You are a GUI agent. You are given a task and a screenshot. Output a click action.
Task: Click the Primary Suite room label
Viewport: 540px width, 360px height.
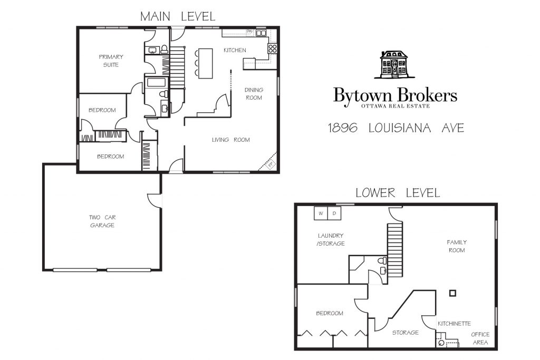(x=111, y=61)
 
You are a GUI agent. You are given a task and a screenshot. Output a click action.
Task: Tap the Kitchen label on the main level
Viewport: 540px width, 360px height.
(x=235, y=50)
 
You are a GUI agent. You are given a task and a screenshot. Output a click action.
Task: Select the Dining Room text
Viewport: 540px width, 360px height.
(x=254, y=94)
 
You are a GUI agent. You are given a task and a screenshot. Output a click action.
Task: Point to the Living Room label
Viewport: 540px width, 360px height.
(x=231, y=140)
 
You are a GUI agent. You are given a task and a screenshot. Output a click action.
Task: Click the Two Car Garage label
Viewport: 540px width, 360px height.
(x=102, y=221)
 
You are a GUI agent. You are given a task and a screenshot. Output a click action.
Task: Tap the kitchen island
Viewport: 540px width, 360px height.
(x=205, y=63)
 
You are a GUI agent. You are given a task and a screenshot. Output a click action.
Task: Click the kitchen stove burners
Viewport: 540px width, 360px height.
(x=273, y=48)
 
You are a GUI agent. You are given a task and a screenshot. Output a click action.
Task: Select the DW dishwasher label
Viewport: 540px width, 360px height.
(x=249, y=31)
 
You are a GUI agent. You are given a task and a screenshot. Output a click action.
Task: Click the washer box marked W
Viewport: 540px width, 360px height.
(x=321, y=213)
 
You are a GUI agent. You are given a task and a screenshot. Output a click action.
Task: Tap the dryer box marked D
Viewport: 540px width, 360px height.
(x=334, y=213)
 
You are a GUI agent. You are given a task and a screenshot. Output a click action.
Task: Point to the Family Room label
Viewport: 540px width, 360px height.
(x=457, y=247)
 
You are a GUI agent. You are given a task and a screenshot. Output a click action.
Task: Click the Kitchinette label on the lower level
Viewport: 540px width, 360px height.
(x=454, y=324)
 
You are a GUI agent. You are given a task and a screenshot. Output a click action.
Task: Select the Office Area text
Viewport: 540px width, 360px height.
(x=480, y=338)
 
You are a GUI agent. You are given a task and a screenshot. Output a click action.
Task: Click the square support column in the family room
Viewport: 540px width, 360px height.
(x=453, y=293)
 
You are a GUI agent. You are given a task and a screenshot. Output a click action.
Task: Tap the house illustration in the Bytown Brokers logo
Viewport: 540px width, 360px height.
(x=394, y=65)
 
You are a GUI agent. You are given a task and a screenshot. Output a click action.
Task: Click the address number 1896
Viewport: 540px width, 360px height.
(x=342, y=128)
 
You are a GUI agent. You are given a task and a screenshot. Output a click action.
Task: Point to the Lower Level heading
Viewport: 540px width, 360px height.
(x=398, y=193)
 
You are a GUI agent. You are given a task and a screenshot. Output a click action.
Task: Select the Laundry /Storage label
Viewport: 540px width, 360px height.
(x=331, y=239)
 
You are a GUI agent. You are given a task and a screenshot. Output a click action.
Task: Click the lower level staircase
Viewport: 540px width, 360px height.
(x=395, y=248)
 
